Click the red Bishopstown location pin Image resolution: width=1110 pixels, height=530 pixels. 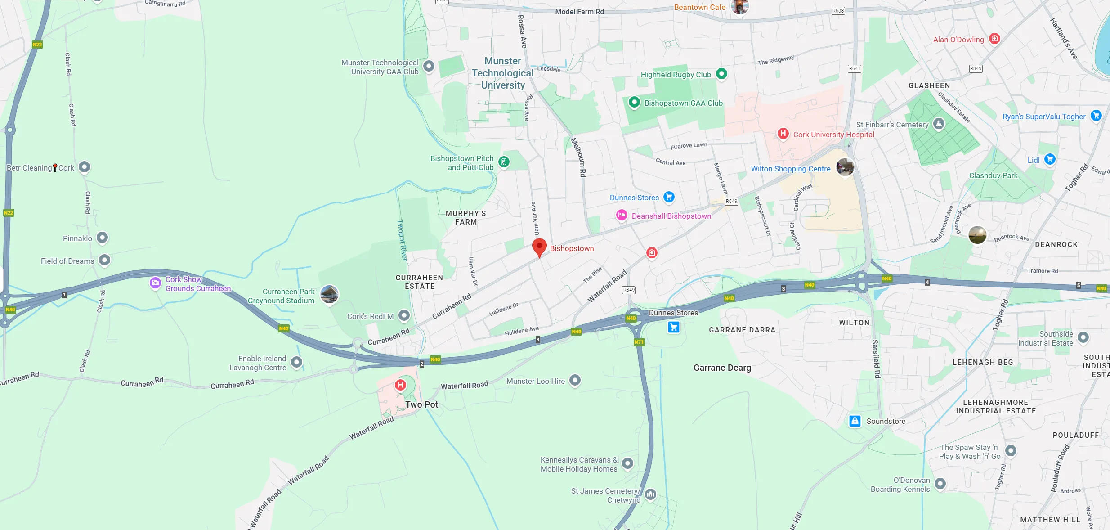tap(539, 247)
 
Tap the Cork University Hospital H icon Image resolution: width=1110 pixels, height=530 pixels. tap(783, 134)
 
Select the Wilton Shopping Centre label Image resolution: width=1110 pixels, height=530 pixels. tap(791, 169)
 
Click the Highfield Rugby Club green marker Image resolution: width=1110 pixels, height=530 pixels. tap(721, 74)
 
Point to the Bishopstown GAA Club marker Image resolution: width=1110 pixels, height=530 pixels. tap(634, 102)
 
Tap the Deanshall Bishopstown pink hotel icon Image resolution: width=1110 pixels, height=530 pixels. tap(622, 216)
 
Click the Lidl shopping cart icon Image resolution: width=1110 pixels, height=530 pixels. tap(1050, 159)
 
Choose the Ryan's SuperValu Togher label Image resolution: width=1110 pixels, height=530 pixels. tap(1044, 117)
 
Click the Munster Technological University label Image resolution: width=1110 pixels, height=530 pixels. tap(502, 73)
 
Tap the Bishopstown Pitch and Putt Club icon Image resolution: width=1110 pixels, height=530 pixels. tap(504, 162)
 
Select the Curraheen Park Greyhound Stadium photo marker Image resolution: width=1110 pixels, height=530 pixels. tap(329, 295)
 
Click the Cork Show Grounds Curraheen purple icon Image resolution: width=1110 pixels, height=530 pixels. tap(155, 283)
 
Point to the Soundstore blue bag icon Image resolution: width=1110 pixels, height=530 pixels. tap(855, 421)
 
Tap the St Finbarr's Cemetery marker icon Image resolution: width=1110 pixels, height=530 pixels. tap(939, 124)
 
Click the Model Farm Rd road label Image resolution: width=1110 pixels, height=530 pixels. tap(579, 12)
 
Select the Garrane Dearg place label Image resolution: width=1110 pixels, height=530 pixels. tap(722, 368)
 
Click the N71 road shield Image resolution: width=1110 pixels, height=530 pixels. tap(639, 342)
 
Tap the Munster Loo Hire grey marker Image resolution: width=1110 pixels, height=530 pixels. tap(575, 381)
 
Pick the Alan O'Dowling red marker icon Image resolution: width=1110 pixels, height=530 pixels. tap(994, 39)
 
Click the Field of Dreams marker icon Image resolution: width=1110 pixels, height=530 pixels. tap(104, 260)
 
